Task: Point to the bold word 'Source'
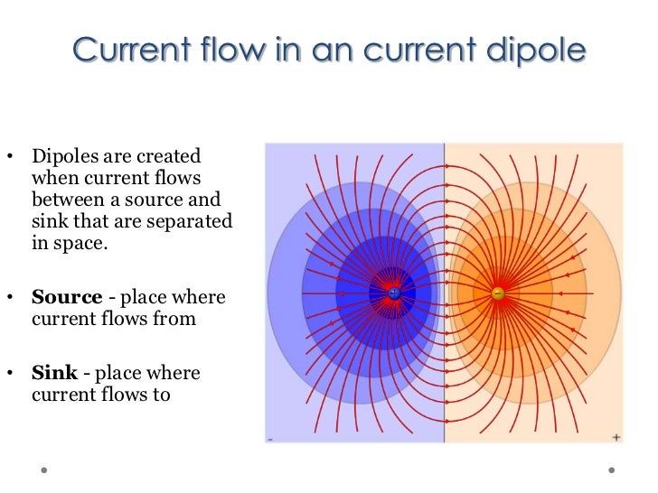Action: coord(61,297)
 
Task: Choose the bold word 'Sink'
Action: coord(52,373)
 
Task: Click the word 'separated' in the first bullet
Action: coord(194,221)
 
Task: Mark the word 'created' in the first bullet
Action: coord(172,156)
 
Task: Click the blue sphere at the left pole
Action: coord(394,293)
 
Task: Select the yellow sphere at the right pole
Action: coord(498,293)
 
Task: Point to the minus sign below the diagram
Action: coord(270,438)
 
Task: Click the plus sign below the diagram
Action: coord(616,437)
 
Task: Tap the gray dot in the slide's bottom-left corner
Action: coord(42,470)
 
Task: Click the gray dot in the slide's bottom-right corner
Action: coord(612,470)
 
